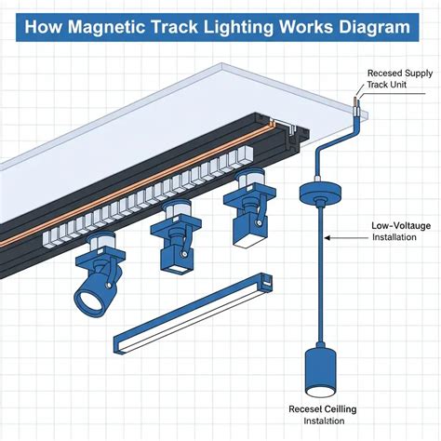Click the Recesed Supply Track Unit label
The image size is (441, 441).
tap(398, 78)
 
